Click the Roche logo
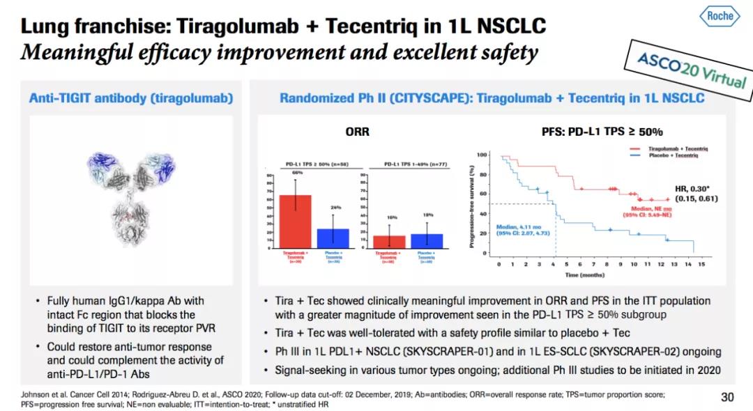point(720,15)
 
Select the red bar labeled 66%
point(295,221)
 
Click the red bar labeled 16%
point(388,241)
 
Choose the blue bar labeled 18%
point(426,240)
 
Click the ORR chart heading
point(357,131)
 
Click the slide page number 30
point(727,397)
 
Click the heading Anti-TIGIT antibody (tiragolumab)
point(130,99)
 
